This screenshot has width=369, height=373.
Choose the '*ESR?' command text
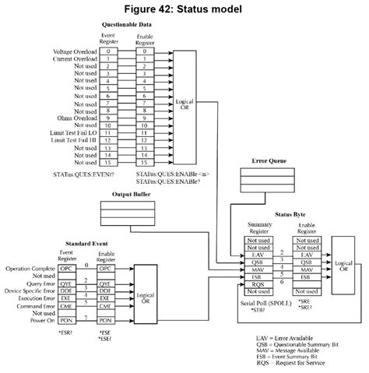pos(65,333)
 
